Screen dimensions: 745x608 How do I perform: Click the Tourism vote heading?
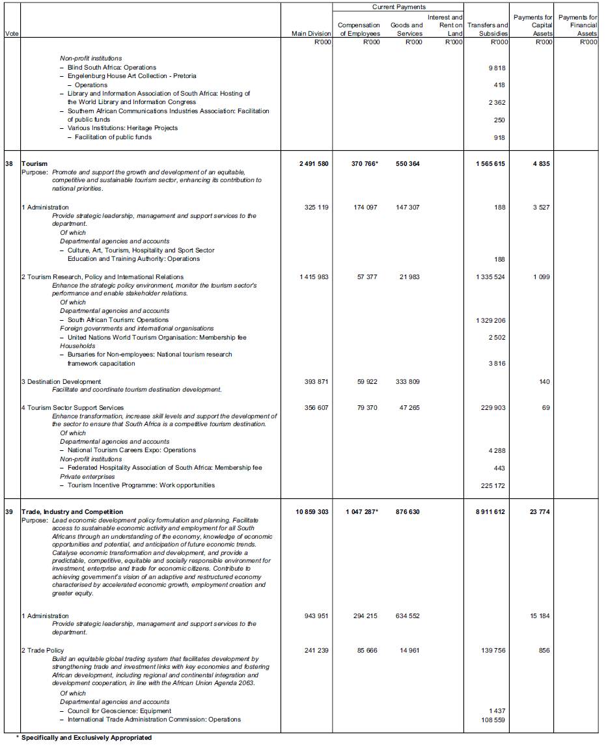click(x=34, y=164)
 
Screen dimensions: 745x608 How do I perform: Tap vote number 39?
click(x=9, y=512)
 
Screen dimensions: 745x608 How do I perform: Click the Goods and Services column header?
click(x=406, y=29)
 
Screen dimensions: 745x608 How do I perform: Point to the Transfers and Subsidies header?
click(x=488, y=29)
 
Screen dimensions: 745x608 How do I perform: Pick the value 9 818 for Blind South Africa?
click(x=497, y=68)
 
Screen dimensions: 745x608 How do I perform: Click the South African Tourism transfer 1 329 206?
click(x=491, y=320)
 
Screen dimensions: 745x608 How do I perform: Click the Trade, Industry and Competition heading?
click(x=72, y=512)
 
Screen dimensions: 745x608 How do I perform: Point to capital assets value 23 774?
click(x=540, y=512)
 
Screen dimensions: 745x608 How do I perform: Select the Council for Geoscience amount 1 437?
click(x=497, y=711)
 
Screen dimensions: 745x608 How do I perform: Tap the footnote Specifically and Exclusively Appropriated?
click(x=86, y=738)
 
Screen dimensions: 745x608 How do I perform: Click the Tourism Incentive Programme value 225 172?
click(x=493, y=485)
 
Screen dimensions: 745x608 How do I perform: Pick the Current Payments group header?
click(x=398, y=7)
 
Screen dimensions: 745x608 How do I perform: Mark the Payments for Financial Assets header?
click(x=578, y=25)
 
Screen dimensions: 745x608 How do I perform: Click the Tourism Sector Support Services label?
click(x=74, y=408)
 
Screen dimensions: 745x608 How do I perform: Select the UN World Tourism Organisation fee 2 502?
click(x=497, y=338)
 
